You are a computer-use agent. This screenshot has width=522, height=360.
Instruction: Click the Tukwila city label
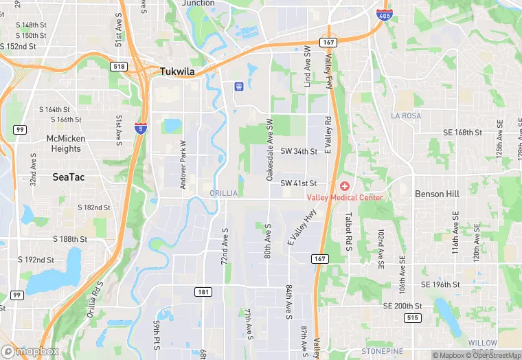click(x=178, y=71)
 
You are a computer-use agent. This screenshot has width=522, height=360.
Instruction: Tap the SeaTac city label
click(x=69, y=177)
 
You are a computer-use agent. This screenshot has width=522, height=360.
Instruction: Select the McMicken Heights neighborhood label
click(x=63, y=144)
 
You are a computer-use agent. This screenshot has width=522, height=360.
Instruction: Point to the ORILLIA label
click(x=224, y=193)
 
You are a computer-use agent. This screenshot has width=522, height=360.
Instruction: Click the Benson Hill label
click(x=437, y=194)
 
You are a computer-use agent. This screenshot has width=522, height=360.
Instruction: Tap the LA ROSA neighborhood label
click(x=406, y=116)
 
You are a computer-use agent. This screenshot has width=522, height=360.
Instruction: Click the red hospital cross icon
click(x=344, y=186)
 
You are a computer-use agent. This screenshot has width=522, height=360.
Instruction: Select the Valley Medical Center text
click(x=345, y=198)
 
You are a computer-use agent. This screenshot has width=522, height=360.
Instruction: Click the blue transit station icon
click(x=238, y=87)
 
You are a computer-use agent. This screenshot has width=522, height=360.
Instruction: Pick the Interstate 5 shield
click(x=139, y=129)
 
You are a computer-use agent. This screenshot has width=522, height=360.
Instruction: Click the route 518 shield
click(x=117, y=65)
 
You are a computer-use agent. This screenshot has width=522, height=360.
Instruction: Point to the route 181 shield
click(x=203, y=292)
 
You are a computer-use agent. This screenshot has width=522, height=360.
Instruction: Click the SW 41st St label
click(x=299, y=183)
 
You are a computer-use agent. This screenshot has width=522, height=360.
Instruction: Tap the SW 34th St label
click(x=299, y=150)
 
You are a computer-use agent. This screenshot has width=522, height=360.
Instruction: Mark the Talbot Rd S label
click(x=348, y=229)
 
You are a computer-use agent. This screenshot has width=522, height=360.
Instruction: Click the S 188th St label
click(x=70, y=239)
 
